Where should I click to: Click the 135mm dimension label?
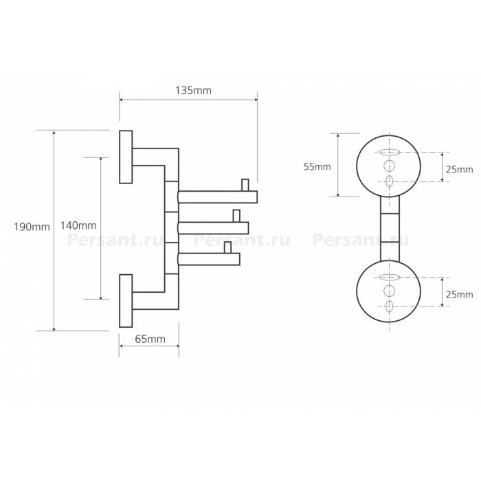pyautogui.click(x=193, y=91)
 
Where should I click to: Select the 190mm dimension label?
pyautogui.click(x=32, y=227)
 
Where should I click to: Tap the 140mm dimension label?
pyautogui.click(x=78, y=225)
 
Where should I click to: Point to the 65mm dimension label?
pyautogui.click(x=150, y=339)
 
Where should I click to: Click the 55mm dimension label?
pyautogui.click(x=317, y=166)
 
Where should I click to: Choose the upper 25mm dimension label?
pyautogui.click(x=460, y=169)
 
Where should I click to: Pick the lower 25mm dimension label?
pyautogui.click(x=460, y=295)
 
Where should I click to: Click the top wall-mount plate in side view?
pyautogui.click(x=126, y=157)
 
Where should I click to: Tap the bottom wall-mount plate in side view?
pyautogui.click(x=126, y=301)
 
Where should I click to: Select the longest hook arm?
pyautogui.click(x=218, y=197)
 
